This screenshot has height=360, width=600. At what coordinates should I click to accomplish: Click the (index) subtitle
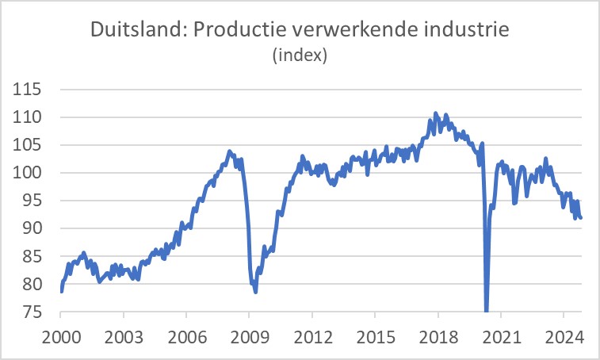coord(300,57)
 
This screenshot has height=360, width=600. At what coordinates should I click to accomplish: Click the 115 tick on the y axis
coord(30,90)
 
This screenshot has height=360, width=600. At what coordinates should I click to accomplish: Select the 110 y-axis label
coord(30,117)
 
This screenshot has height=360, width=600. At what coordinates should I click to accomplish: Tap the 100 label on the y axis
coord(30,173)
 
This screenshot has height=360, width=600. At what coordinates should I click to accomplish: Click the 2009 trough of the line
coord(255,291)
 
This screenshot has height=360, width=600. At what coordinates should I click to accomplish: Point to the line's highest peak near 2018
coord(436,114)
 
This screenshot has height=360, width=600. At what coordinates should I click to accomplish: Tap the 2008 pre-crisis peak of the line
coord(230,151)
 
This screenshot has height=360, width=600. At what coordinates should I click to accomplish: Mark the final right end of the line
coord(581,217)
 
